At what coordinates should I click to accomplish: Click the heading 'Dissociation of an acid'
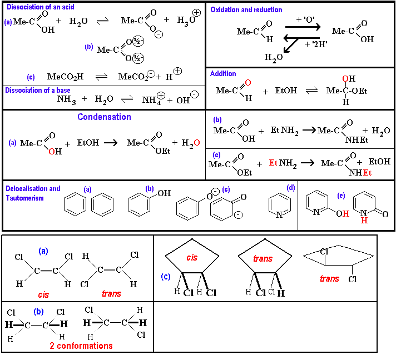point(39,7)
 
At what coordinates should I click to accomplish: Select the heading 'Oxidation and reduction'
point(246,9)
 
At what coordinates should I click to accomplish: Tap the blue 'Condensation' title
point(104,117)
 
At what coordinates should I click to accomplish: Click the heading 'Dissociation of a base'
point(37,90)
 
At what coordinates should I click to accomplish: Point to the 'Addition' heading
point(223,73)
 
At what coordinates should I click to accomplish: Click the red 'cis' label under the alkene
point(43,294)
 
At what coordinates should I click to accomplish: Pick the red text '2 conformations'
point(81,346)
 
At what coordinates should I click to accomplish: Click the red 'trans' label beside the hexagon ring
point(329,278)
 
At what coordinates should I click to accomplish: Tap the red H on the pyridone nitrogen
point(364,221)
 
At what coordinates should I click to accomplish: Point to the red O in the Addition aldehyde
point(248,83)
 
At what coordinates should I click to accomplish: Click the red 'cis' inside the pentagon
point(192,258)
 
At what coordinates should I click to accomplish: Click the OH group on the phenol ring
point(164,193)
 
